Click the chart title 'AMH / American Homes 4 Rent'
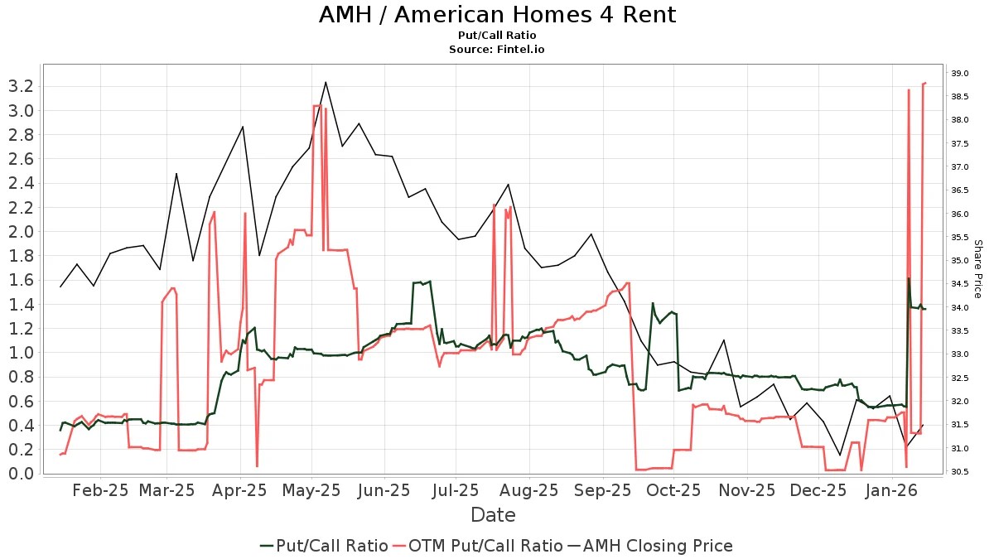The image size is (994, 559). [497, 15]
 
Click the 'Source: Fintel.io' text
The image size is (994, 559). [497, 50]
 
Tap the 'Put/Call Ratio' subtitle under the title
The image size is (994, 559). [497, 36]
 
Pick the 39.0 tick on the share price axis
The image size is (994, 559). [960, 74]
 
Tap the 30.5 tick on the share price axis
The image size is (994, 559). [960, 472]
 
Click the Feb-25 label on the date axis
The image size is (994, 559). [101, 490]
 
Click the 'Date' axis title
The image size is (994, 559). [493, 515]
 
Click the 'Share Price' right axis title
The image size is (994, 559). [977, 269]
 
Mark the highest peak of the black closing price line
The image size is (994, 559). [326, 82]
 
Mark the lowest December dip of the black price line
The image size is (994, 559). [840, 455]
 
